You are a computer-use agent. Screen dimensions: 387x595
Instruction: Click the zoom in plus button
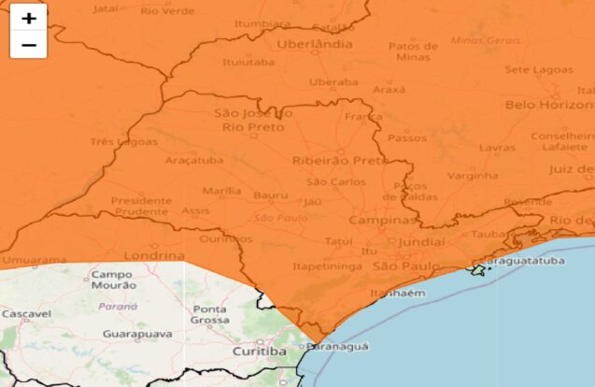coord(28,18)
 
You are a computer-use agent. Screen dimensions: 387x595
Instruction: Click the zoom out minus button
coord(28,44)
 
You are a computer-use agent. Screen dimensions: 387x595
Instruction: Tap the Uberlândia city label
coord(315,44)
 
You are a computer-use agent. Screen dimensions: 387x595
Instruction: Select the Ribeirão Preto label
coord(339,161)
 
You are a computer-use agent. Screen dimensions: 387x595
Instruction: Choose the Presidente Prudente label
coord(141,206)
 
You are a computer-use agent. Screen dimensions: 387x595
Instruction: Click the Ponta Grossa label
coord(209,315)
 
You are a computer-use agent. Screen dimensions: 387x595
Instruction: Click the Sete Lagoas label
coord(535,69)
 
